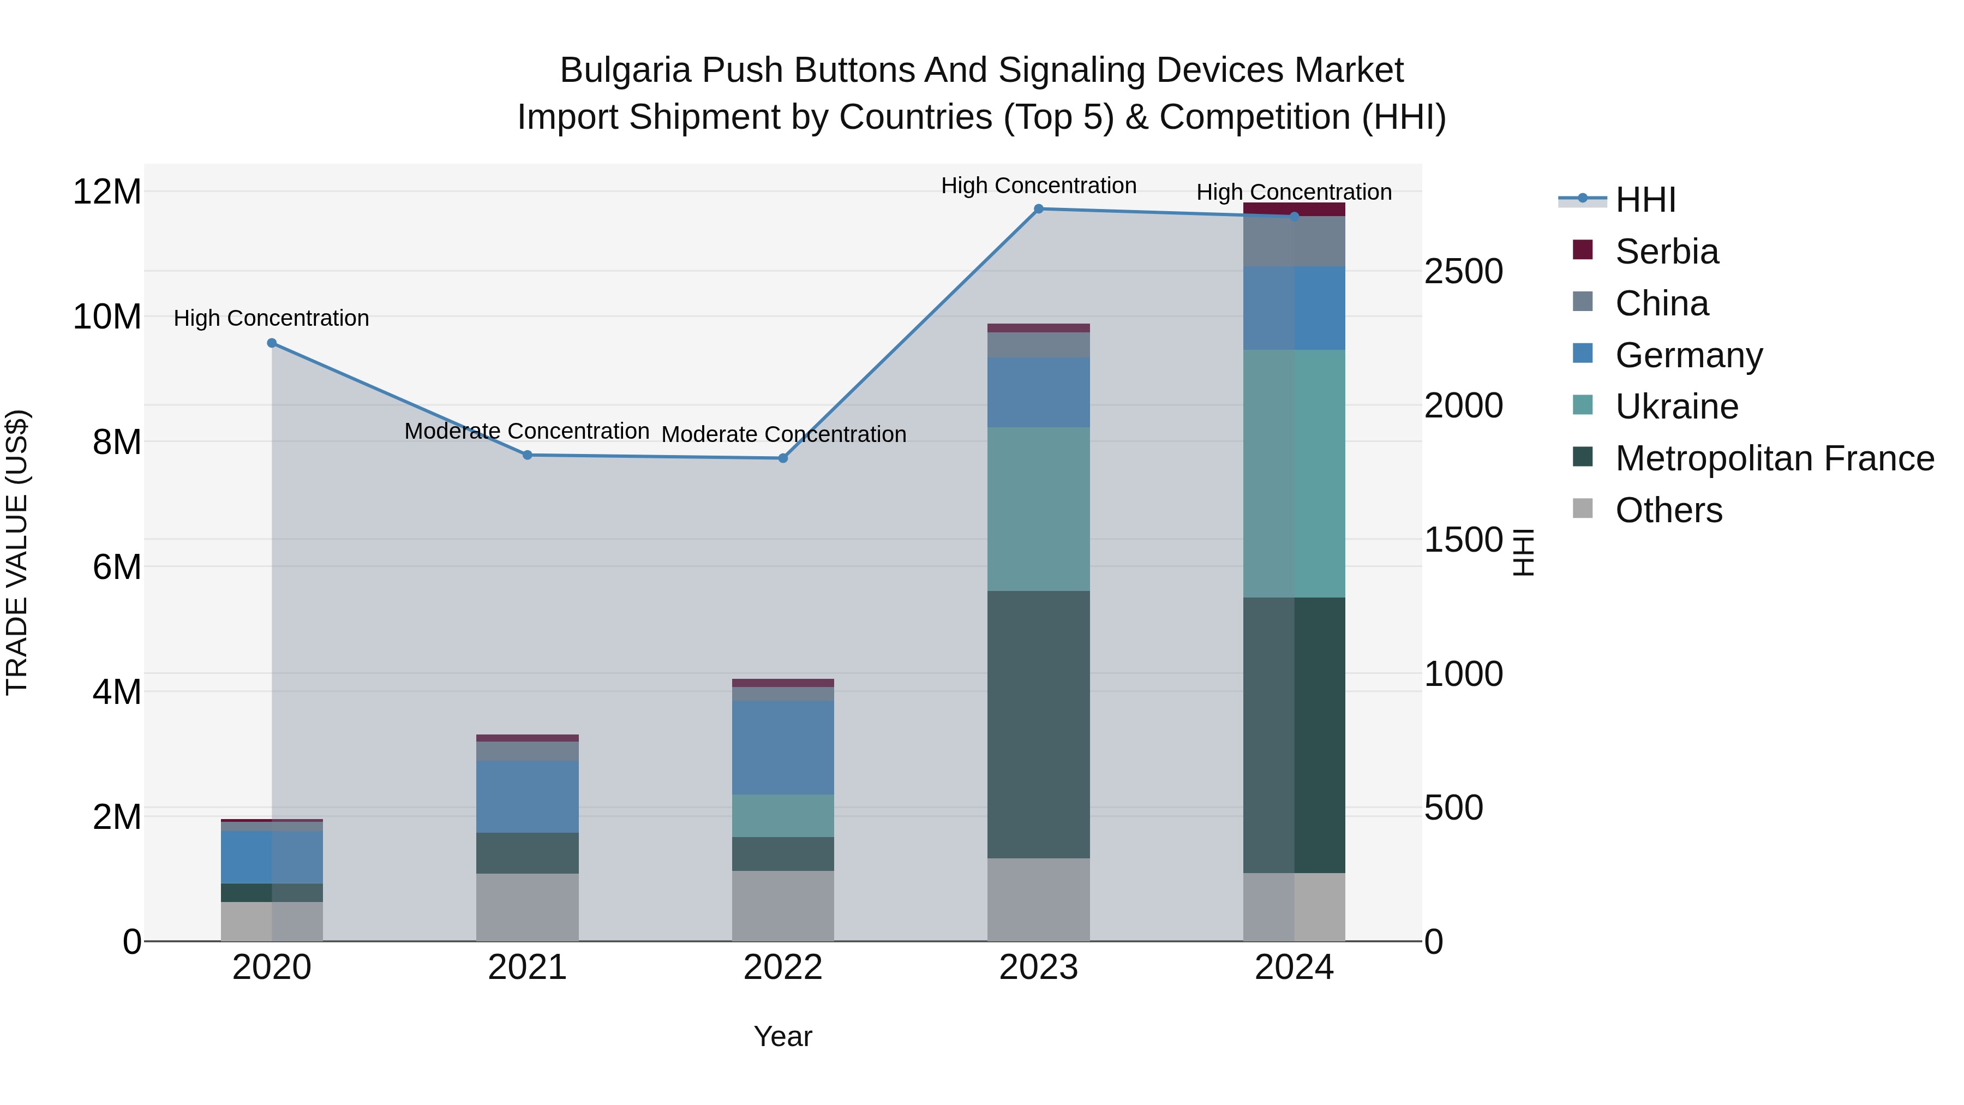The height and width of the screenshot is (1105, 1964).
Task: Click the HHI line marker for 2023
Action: [1038, 209]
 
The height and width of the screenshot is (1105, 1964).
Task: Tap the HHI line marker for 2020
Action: [272, 343]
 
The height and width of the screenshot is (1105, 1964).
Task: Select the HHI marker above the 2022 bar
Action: [783, 458]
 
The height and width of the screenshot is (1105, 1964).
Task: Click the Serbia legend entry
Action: [1666, 252]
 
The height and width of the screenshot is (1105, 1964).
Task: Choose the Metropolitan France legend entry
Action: [1774, 458]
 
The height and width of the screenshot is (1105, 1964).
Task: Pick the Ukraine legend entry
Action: [1676, 407]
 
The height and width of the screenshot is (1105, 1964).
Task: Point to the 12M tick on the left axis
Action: [107, 192]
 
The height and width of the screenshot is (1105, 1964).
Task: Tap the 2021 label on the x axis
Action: [527, 967]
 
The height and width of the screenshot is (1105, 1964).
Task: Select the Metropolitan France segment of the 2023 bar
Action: [1038, 725]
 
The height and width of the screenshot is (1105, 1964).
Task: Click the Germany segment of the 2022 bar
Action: [783, 748]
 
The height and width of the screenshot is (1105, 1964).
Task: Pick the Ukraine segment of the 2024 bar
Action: [1294, 473]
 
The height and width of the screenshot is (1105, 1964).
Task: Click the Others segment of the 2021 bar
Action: [527, 907]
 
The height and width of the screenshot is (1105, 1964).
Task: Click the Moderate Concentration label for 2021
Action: [527, 432]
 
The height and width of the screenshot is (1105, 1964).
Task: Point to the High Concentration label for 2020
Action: [272, 318]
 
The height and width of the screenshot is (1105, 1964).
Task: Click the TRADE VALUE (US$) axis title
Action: [17, 552]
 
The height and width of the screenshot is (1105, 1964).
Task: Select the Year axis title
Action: [783, 1036]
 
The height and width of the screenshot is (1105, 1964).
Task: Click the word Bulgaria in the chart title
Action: [625, 70]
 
